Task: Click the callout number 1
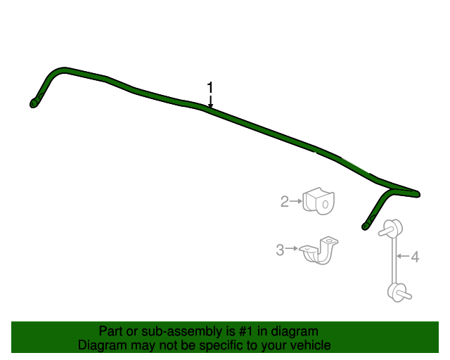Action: tap(210, 87)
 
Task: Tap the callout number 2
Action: tap(284, 201)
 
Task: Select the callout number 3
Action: tap(280, 250)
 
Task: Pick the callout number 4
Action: tap(415, 257)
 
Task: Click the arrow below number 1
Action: tap(210, 102)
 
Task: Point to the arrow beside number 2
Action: tap(296, 201)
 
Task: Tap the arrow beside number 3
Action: tap(292, 248)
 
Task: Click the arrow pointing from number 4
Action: tap(403, 255)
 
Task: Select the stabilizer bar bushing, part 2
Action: tap(319, 201)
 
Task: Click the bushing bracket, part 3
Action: tap(319, 252)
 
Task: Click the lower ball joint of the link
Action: tap(399, 292)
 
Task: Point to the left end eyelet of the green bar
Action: tap(34, 103)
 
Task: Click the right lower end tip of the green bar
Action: tap(365, 227)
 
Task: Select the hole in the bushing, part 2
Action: tap(325, 205)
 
